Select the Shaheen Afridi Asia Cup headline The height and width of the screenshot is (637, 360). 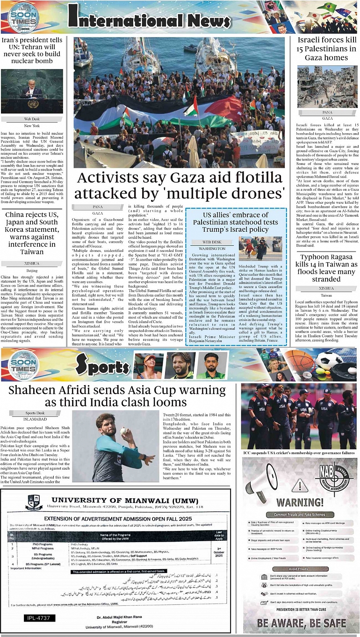117,396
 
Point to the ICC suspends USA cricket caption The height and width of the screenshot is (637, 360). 299,453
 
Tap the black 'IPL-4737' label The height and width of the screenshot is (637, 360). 42,618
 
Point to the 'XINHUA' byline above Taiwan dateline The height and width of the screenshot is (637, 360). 326,288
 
